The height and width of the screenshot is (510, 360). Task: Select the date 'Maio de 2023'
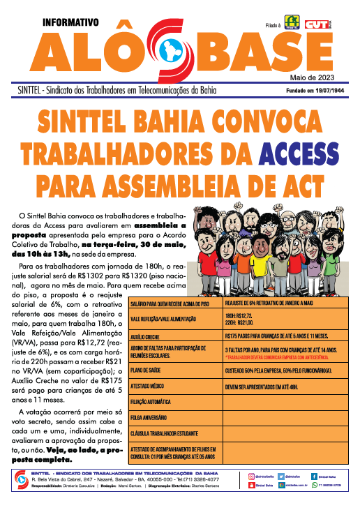pyautogui.click(x=318, y=77)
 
